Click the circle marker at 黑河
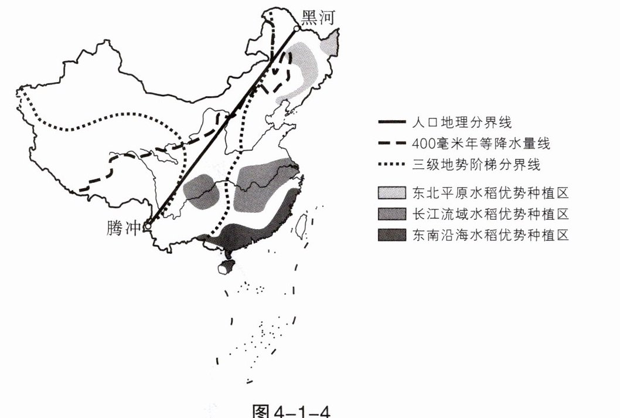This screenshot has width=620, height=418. (297, 28)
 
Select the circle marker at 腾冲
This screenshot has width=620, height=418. (149, 225)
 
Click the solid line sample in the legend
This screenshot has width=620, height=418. (392, 123)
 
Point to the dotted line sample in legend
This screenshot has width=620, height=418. (392, 165)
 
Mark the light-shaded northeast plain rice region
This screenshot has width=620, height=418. (308, 64)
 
